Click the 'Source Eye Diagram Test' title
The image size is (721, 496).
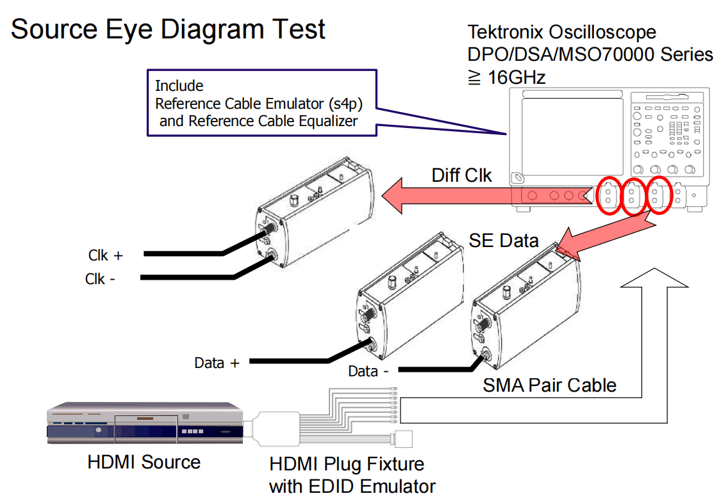point(168,29)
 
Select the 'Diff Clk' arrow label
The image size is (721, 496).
point(461,175)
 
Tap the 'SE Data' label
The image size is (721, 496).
point(504,241)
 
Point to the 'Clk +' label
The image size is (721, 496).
point(105,255)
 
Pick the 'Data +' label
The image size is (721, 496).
point(217,363)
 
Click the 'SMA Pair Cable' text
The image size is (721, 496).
point(549,385)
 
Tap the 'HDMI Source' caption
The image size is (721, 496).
point(144,462)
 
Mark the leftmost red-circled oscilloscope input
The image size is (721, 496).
point(608,196)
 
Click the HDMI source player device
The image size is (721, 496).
point(145,423)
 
